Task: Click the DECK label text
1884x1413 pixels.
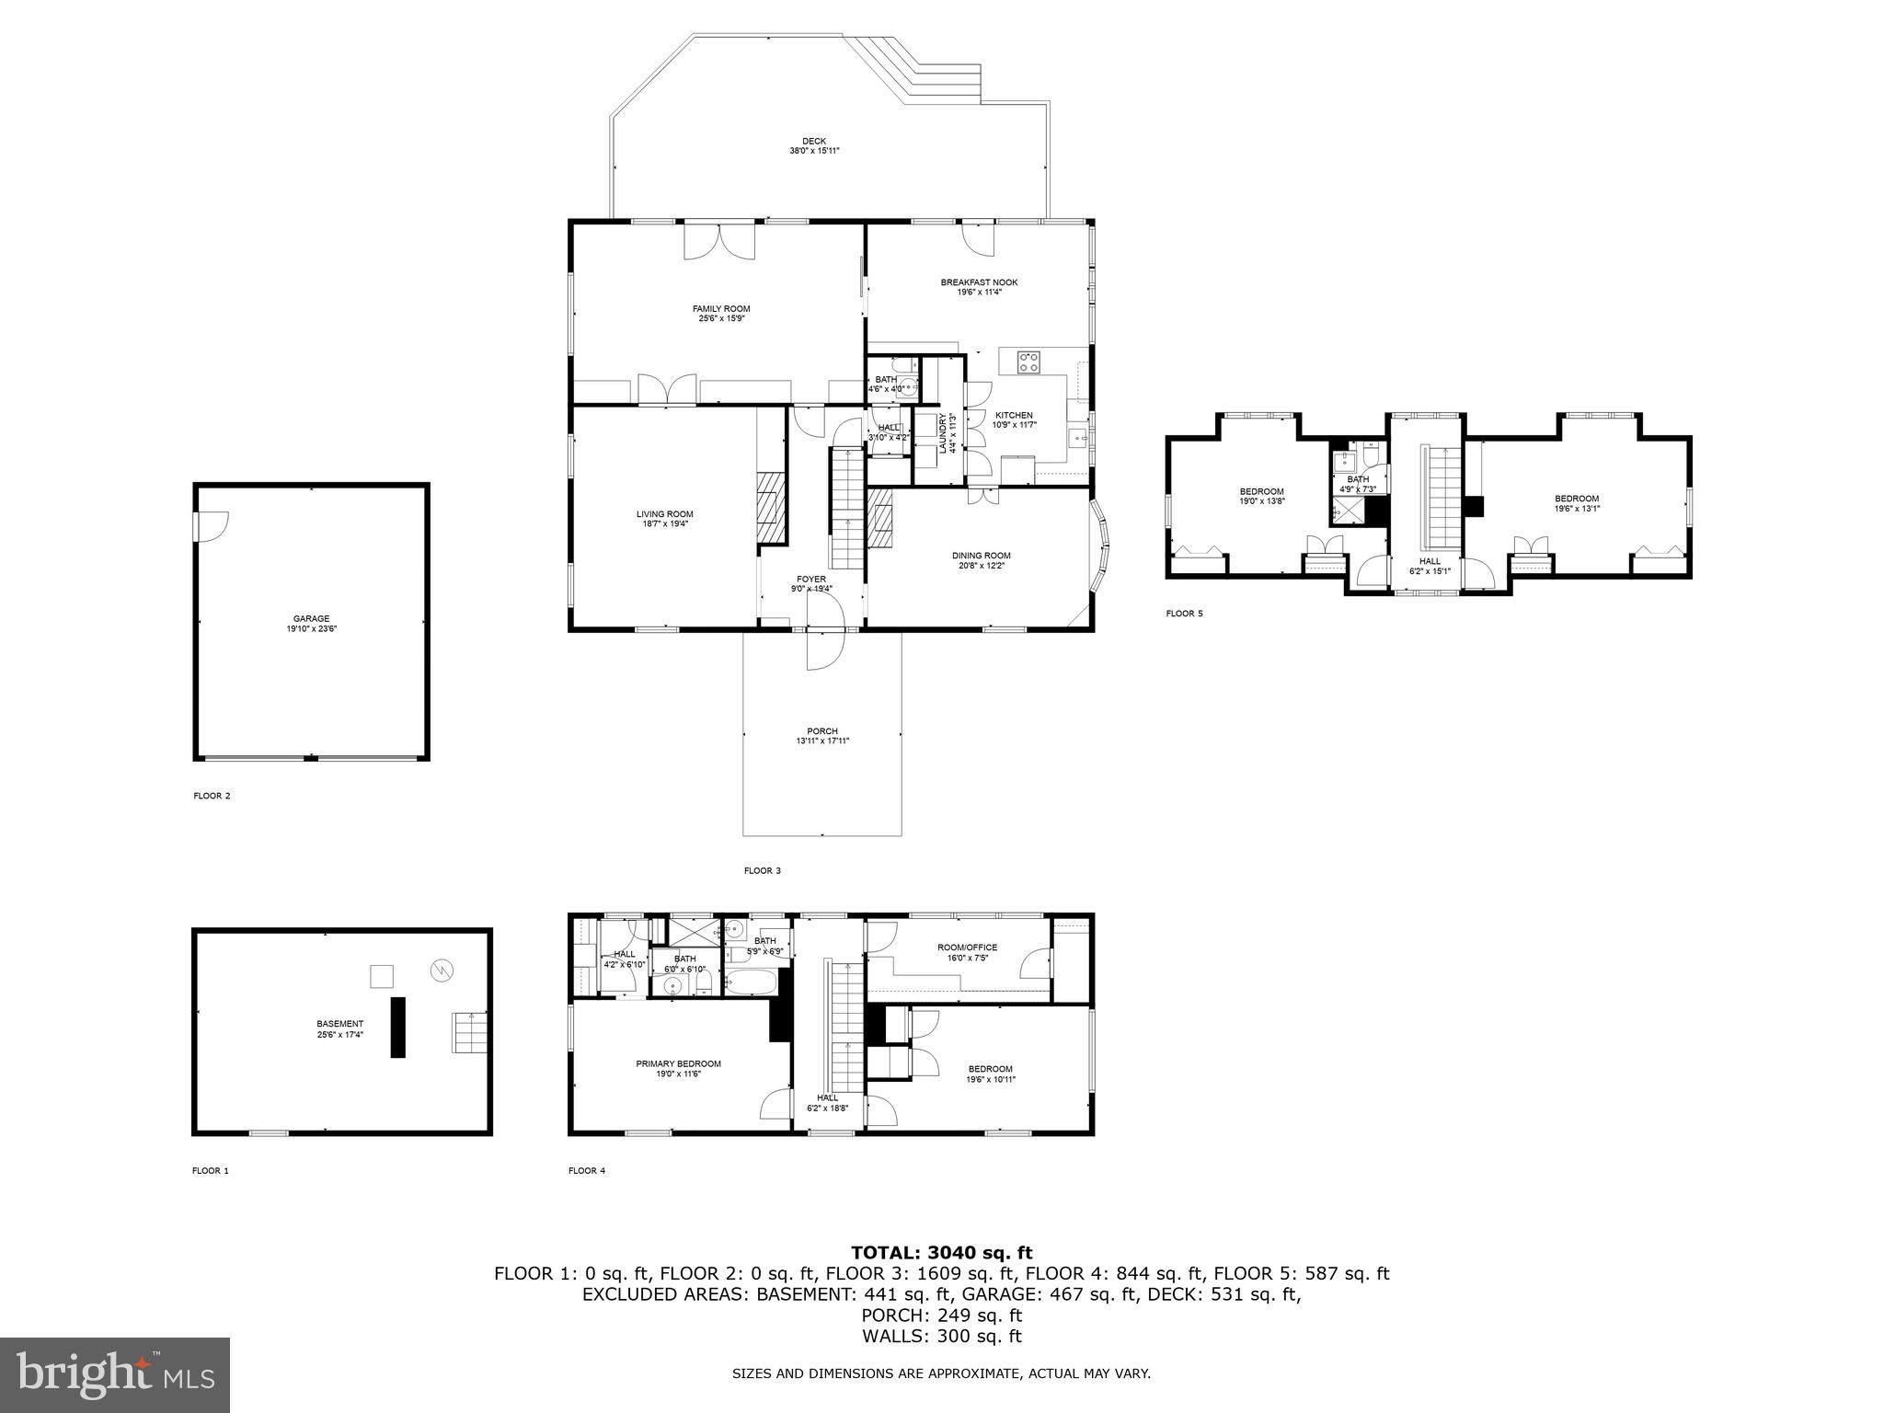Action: click(x=813, y=141)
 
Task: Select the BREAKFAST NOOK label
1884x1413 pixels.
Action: click(x=979, y=282)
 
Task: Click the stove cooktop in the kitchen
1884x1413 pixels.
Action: click(x=1028, y=362)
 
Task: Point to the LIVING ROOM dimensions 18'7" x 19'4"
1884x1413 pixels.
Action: click(x=664, y=523)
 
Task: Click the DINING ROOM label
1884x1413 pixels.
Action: click(x=981, y=556)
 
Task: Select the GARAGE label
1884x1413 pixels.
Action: click(x=311, y=619)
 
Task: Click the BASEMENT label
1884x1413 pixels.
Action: click(x=339, y=1023)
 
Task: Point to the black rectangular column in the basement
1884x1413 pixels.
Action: click(x=397, y=1027)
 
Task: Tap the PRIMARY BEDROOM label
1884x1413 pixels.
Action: click(x=678, y=1063)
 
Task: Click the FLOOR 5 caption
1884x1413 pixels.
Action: click(x=1184, y=614)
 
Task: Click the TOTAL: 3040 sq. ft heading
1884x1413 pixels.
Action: click(x=941, y=1252)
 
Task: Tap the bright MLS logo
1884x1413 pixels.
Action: click(x=115, y=1375)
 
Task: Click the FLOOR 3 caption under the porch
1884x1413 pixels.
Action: click(x=762, y=870)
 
